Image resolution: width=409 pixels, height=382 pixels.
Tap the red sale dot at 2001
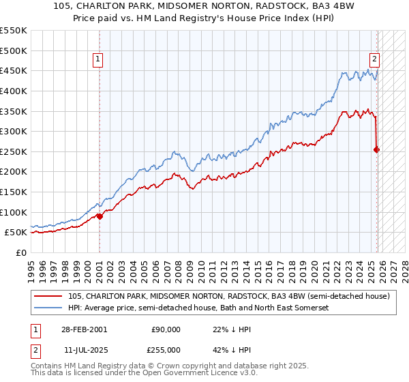(100, 216)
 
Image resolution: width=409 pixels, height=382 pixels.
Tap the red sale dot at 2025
(377, 149)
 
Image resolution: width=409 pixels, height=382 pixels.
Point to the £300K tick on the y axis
(14, 131)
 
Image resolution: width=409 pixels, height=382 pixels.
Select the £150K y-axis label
(14, 192)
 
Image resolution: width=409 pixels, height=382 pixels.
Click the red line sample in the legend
(48, 297)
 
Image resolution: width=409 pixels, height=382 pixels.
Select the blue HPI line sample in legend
(48, 308)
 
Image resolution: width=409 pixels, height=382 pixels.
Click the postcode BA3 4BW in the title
(318, 5)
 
